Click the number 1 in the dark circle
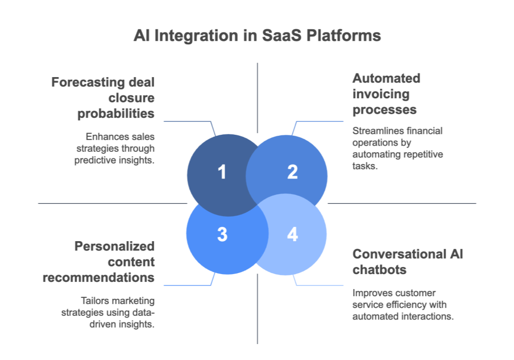click(x=222, y=172)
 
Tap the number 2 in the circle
click(x=292, y=172)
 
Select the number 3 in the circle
click(x=222, y=234)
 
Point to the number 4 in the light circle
click(x=292, y=234)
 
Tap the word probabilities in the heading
click(x=116, y=113)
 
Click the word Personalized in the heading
click(x=114, y=246)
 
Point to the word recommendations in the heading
click(x=99, y=277)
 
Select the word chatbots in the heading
click(x=378, y=269)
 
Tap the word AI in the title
click(x=140, y=35)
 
